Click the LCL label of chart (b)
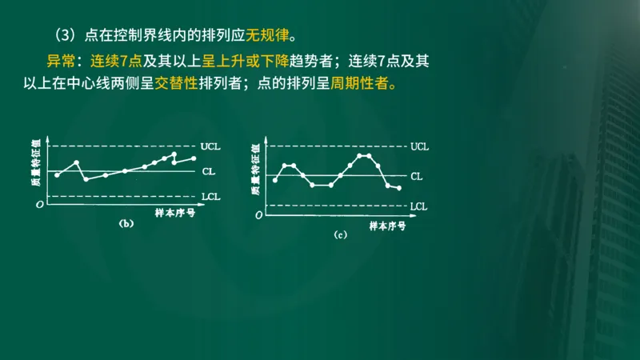212,196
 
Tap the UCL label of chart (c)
419,147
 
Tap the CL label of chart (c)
416,175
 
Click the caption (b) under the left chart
126,225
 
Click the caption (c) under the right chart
340,235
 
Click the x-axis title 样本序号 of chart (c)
387,226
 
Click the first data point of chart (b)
57,174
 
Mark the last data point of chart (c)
398,188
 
